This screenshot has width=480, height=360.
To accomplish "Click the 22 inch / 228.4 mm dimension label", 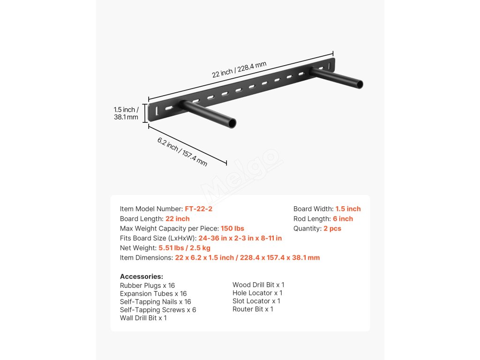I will (x=239, y=69).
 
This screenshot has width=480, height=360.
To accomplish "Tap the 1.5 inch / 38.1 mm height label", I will (x=126, y=113).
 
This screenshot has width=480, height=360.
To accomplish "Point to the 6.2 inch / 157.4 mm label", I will (x=182, y=152).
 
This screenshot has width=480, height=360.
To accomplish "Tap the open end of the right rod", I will (x=360, y=85).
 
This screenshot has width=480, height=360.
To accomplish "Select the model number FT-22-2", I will (x=199, y=209).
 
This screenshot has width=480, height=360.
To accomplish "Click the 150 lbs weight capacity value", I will (x=232, y=229).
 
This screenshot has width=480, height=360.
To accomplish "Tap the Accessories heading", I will (x=142, y=277).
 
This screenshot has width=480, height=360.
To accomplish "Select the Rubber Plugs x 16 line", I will (x=147, y=285).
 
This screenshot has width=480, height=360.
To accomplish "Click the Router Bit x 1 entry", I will (x=253, y=309).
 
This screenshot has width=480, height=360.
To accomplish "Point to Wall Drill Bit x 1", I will (x=143, y=318).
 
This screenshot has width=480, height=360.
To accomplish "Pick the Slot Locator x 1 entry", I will (x=256, y=301).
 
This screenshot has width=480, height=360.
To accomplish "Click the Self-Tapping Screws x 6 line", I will (x=158, y=310).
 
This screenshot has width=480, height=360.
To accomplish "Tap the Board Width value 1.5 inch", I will (x=348, y=209).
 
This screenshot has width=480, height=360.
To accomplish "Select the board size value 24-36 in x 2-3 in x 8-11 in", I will (x=240, y=238).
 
